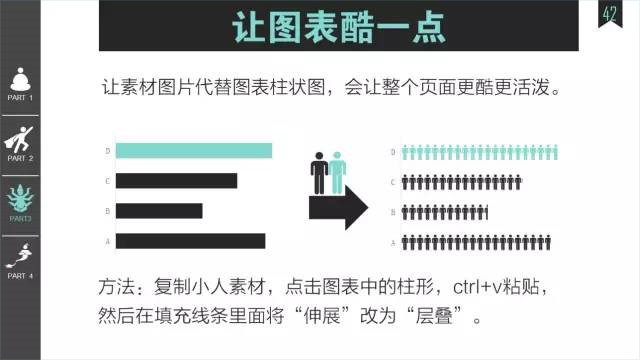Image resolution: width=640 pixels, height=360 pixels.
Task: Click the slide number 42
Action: pos(609,14)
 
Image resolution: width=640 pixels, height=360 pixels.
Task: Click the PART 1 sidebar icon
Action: pos(21,79)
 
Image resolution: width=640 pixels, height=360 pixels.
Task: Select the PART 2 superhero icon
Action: pos(21,137)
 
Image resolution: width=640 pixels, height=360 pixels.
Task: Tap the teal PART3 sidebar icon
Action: pos(21,196)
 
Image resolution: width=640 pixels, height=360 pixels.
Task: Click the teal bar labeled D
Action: pos(194,151)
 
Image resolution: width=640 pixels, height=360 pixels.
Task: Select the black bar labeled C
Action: pos(176,181)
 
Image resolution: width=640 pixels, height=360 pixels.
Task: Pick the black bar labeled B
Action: pos(159,211)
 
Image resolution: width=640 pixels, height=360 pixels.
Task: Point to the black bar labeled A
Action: pos(190,241)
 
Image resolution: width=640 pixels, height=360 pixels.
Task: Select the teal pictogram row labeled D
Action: pos(478,153)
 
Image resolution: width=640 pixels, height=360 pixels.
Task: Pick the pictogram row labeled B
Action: pos(445,212)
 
